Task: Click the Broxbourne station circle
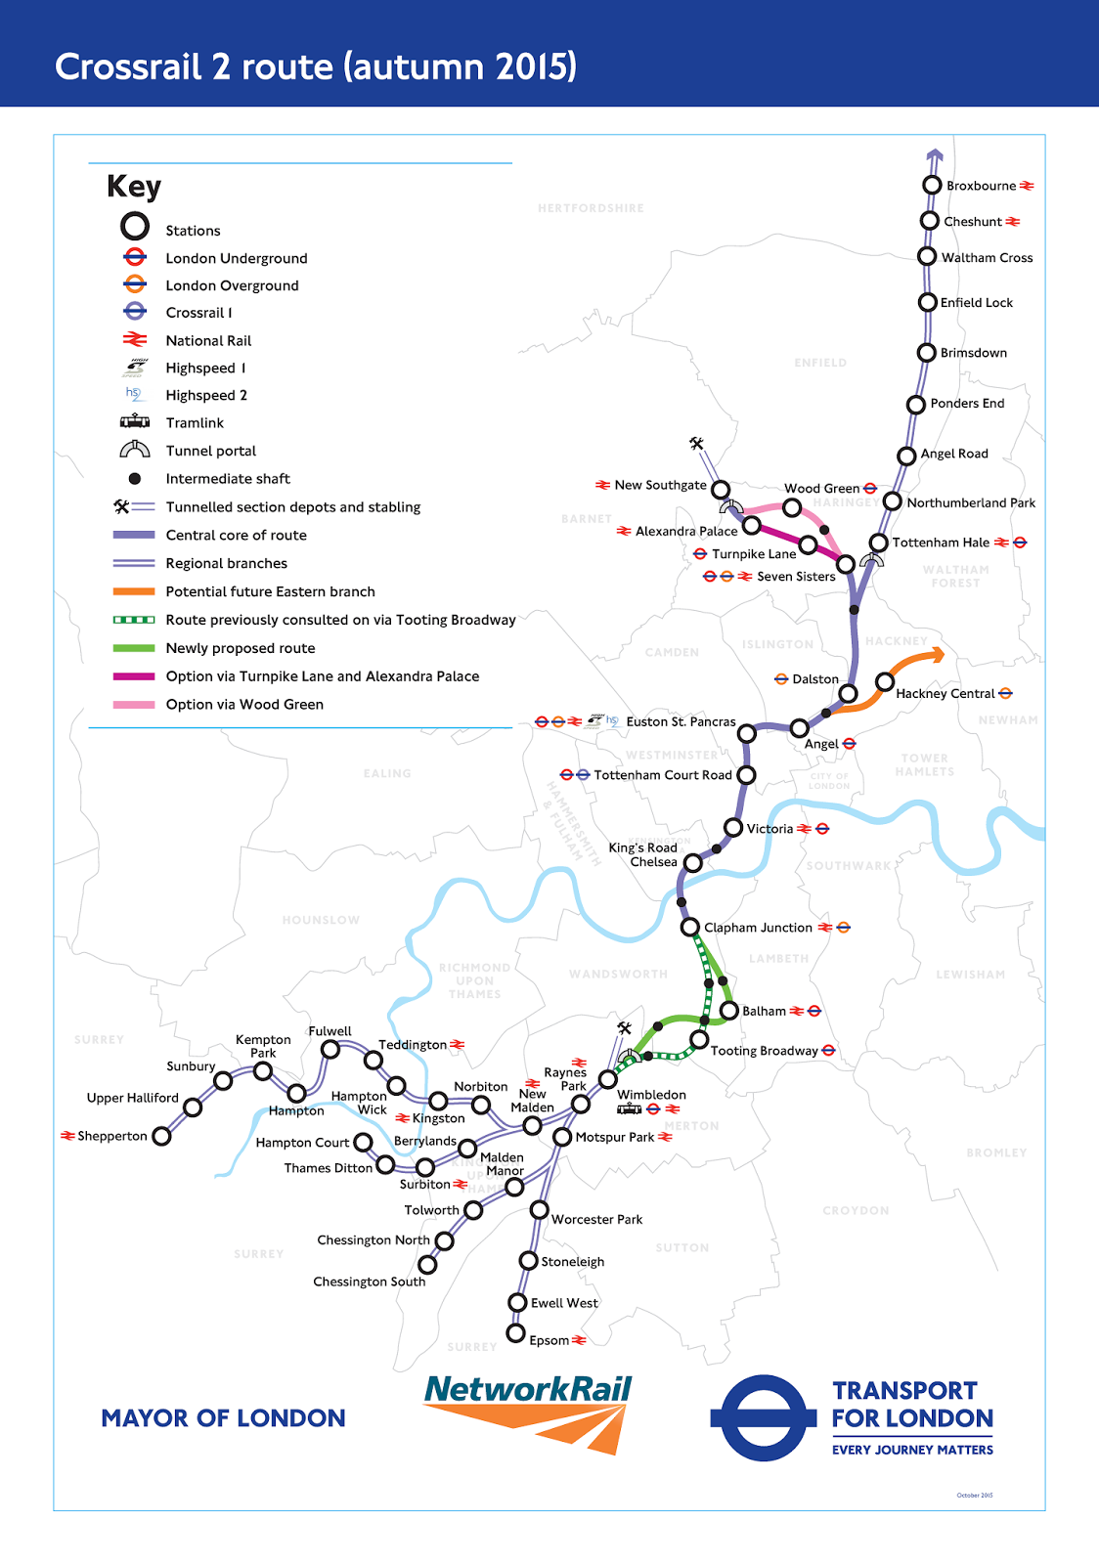[932, 186]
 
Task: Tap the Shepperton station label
[112, 1136]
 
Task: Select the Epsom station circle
[516, 1333]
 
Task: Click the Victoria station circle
[733, 828]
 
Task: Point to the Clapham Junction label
[758, 928]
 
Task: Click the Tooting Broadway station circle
[699, 1040]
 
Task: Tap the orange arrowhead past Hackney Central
[936, 655]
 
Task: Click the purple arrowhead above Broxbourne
[935, 155]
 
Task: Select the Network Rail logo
[528, 1412]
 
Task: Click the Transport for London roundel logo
[763, 1418]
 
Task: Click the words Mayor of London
[223, 1418]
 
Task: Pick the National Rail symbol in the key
[135, 340]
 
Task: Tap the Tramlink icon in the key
[135, 422]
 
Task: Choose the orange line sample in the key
[134, 591]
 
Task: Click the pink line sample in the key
[134, 705]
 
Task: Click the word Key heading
[134, 186]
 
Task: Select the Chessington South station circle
[427, 1265]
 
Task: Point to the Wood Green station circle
[792, 507]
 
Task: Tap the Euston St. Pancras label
[681, 721]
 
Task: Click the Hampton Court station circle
[363, 1142]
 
